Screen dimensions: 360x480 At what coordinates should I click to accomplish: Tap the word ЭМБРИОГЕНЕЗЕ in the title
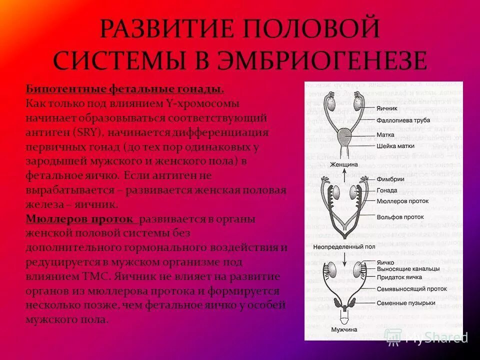(x=322, y=61)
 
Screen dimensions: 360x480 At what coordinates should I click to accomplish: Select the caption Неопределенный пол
(x=343, y=247)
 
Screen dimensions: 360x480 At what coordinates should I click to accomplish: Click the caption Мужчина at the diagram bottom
(x=343, y=330)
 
